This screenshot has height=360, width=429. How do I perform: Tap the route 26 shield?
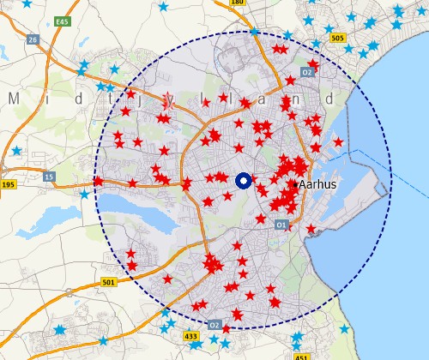coord(33,39)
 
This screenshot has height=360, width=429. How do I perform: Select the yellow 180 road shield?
coord(238,3)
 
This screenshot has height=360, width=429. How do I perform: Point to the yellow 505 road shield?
coord(337,38)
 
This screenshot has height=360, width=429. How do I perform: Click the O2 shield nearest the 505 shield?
coord(307,73)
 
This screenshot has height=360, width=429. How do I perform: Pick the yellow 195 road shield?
coord(8,185)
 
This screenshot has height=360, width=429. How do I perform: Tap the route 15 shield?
coord(49,177)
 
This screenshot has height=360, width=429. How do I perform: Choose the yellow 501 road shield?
coord(107,282)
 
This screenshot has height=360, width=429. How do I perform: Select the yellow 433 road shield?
coord(191,337)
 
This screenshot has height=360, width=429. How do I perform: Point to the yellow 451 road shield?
coord(301,357)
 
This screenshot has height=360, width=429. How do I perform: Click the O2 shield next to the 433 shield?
coord(214,325)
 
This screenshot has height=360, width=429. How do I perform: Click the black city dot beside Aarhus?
coord(294,184)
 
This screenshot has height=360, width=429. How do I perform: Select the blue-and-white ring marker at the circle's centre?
coord(242,180)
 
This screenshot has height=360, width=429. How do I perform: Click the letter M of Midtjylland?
coord(13,99)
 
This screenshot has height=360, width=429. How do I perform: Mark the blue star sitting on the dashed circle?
coord(253,32)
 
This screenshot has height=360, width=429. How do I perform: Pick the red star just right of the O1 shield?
coord(311,229)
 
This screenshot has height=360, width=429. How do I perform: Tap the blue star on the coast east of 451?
coord(344,328)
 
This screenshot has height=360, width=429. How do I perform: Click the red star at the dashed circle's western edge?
coord(99,181)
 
